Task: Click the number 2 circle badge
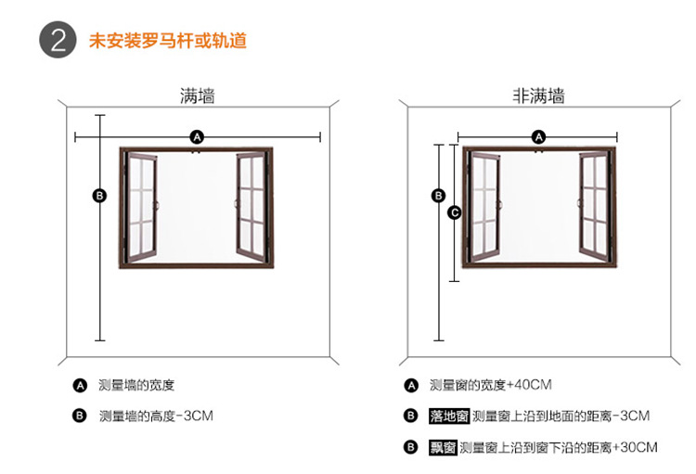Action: (58, 41)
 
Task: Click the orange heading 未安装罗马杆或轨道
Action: (167, 42)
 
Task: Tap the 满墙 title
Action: (197, 96)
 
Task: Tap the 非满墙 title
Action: (538, 96)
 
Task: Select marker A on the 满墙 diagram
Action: (197, 137)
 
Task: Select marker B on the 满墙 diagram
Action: (100, 195)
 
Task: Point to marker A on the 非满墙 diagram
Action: (538, 137)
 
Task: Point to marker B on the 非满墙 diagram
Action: (440, 195)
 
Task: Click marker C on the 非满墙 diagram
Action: (454, 212)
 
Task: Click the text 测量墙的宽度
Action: (136, 385)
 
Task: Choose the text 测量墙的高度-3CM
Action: (156, 416)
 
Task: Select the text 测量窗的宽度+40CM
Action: (491, 385)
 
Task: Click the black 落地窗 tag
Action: (449, 416)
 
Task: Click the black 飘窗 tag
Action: (443, 447)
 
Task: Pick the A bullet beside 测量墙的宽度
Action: (80, 385)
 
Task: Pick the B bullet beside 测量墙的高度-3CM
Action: (80, 416)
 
